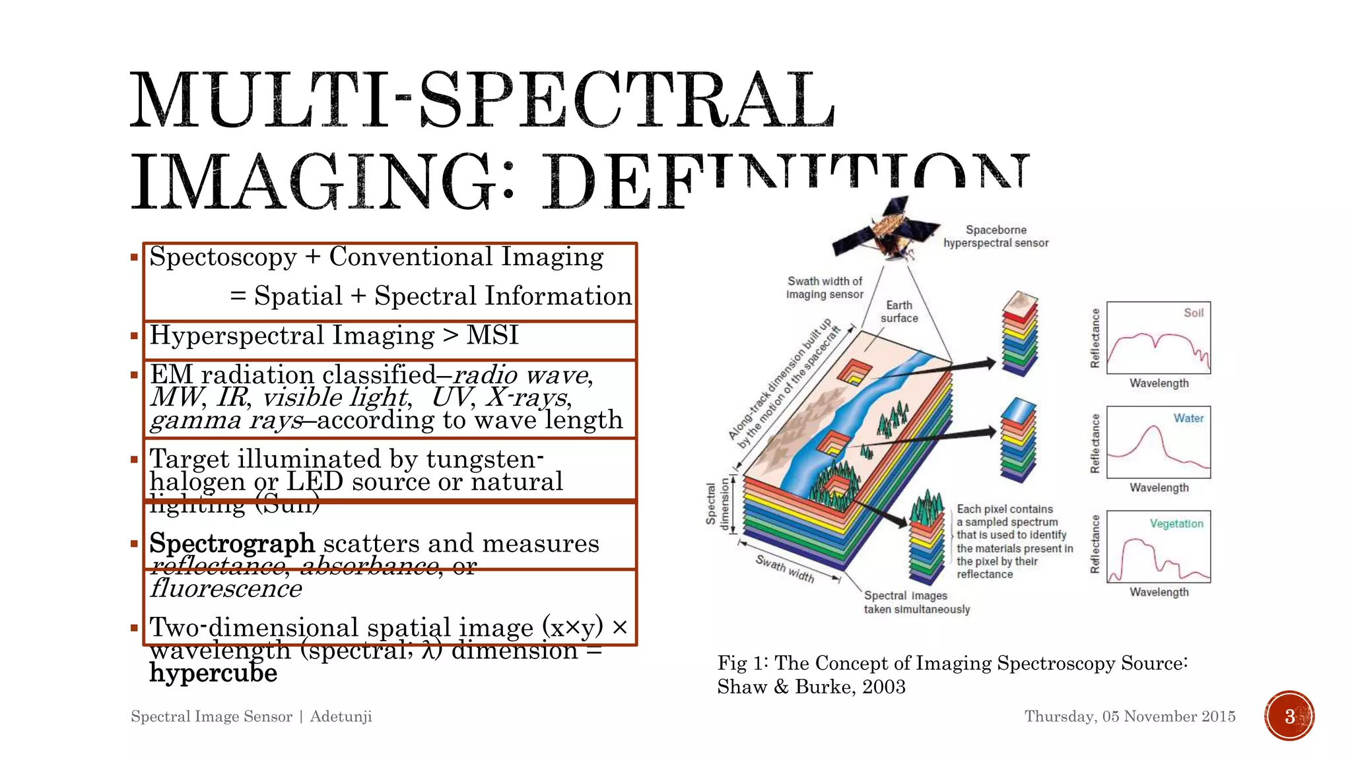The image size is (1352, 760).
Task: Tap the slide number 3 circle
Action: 1289,716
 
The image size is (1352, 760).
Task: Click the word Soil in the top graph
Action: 1193,313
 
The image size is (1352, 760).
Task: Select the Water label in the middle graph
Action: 1188,418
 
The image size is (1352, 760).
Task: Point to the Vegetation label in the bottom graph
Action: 1176,523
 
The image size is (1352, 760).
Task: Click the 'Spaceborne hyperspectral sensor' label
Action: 996,236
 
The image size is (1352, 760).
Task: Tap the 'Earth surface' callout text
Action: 899,311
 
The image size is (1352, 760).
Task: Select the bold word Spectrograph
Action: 232,544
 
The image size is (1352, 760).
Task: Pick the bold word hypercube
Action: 213,673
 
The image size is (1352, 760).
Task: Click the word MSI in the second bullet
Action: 492,335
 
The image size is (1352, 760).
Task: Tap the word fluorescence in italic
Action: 226,588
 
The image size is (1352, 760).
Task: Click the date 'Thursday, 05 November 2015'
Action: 1130,716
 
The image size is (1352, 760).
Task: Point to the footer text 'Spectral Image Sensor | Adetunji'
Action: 252,716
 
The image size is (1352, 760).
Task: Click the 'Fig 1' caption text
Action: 952,674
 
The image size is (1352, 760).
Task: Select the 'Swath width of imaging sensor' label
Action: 825,288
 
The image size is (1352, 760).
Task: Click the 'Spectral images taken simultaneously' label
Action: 917,602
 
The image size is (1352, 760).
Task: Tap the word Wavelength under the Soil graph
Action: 1159,383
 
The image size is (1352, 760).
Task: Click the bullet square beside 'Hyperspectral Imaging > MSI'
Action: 134,336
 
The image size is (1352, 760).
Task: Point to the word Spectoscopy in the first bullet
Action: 223,257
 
